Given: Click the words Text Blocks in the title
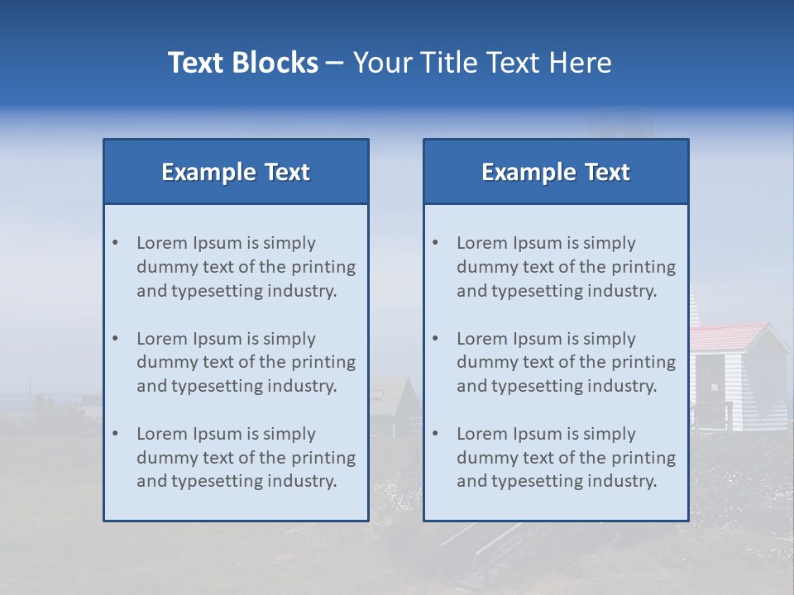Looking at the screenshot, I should click(242, 63).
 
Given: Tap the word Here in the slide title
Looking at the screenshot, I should click(581, 63).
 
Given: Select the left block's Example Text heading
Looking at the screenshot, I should click(236, 172).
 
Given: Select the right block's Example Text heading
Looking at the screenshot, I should click(556, 172).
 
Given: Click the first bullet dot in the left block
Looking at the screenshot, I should click(115, 243).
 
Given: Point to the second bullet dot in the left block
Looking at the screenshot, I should click(115, 339).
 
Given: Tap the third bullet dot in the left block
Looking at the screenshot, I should click(115, 434).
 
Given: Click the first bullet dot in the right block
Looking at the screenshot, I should click(435, 243).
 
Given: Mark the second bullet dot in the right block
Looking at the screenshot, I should click(435, 339).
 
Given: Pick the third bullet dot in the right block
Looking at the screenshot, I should click(435, 434).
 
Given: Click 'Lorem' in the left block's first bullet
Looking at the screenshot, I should click(162, 243).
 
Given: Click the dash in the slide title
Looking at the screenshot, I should click(335, 64).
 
